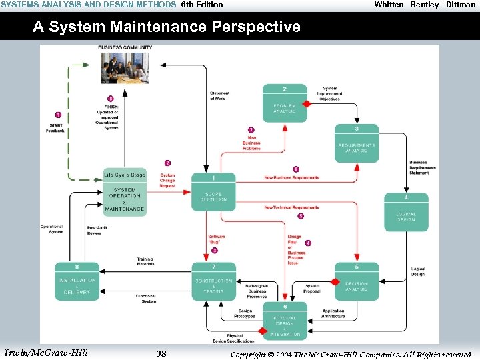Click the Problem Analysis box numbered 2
(x=285, y=103)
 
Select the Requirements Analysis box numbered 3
(x=357, y=143)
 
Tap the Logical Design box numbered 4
(x=406, y=213)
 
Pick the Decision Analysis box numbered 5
(x=357, y=281)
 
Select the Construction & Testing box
(x=213, y=281)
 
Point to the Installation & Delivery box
(x=77, y=281)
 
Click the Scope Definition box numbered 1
(x=213, y=193)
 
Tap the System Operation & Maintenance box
(x=124, y=193)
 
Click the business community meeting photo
(x=124, y=67)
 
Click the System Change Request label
(x=167, y=181)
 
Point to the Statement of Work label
(x=219, y=96)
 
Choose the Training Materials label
(x=145, y=261)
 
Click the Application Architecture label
(x=333, y=313)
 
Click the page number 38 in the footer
(x=161, y=353)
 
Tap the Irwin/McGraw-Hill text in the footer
(x=45, y=353)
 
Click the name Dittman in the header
(x=461, y=5)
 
